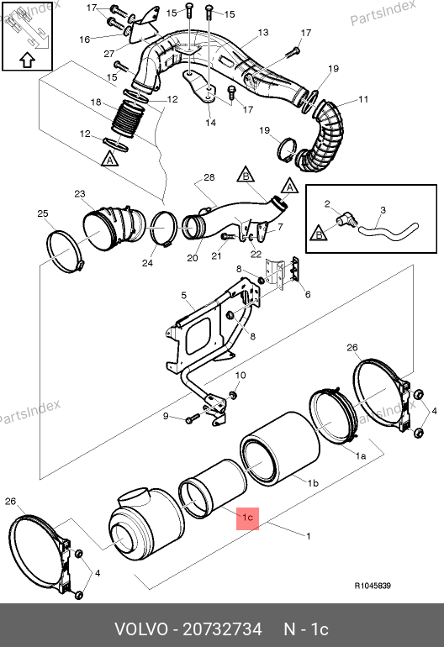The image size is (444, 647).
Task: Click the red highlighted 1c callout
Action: point(247,518)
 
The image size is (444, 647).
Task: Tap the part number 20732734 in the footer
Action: point(222,629)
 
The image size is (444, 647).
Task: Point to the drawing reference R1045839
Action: point(373,586)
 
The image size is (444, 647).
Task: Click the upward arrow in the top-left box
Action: point(27,60)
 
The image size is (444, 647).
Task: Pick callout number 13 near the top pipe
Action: point(263,32)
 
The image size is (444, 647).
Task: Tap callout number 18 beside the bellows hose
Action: point(96,102)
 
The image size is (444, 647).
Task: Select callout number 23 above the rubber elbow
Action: point(80,193)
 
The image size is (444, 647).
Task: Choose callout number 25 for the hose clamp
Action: point(43,213)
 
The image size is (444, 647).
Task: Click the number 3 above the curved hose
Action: point(383,210)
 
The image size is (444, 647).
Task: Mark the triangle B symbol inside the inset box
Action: point(319,233)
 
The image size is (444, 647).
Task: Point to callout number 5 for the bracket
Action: point(184,296)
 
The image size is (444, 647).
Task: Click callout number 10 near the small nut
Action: point(240,375)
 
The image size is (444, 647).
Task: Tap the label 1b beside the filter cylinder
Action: point(313,483)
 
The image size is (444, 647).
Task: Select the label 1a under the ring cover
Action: point(361,456)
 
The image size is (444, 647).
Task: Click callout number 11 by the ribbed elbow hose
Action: point(363,99)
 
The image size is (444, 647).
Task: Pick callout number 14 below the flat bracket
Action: point(210,123)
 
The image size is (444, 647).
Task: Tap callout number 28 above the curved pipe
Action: point(209,177)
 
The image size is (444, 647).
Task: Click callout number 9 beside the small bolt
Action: point(166,416)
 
